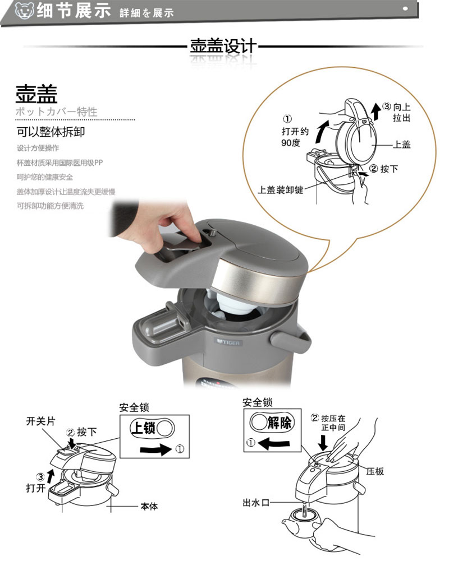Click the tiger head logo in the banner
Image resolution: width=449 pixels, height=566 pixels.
coord(24,11)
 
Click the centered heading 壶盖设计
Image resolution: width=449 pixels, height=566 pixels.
coord(223,46)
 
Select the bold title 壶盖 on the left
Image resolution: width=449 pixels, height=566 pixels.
coord(36,94)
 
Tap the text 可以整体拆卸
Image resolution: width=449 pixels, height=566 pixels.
coord(51,132)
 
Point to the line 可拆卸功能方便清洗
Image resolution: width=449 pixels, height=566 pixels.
coord(51,206)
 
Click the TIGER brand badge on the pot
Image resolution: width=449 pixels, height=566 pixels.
coord(228,342)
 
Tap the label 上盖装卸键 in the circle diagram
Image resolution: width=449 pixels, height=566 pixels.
coord(281,190)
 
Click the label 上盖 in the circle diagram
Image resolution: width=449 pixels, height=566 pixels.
coord(402,145)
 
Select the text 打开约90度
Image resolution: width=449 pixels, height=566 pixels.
coord(295,137)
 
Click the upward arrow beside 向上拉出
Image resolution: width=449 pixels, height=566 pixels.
coord(376,111)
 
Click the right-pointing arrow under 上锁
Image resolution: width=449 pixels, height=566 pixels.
coord(156,449)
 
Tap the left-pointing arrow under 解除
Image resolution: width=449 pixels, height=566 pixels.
coord(274,443)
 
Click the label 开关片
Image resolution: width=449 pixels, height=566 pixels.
coord(40,421)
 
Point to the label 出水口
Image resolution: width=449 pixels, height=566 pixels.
coord(256,503)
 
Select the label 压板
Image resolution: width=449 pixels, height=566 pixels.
coord(375,471)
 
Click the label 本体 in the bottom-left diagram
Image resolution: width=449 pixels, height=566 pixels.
coord(149,507)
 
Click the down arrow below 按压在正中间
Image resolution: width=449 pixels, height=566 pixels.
coord(323,442)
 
